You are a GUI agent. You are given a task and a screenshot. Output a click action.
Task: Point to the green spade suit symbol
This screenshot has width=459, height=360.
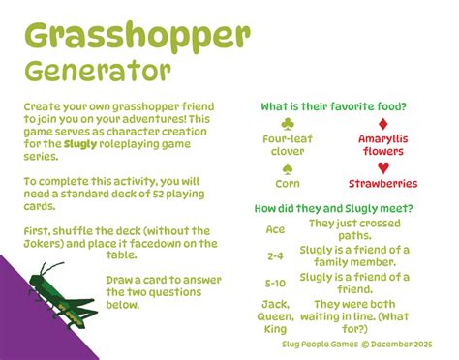288,168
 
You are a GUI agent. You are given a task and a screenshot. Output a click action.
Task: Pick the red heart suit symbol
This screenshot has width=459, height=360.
382,168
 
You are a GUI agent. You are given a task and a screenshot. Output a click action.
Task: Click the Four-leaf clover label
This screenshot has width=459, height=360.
288,144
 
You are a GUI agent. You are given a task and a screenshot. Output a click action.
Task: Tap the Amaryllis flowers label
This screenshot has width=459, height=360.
382,144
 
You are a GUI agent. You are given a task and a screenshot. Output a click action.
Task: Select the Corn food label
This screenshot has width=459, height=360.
288,183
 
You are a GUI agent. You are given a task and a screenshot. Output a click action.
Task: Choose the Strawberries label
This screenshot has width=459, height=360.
382,183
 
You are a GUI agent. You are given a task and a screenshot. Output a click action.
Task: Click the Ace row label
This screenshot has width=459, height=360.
275,229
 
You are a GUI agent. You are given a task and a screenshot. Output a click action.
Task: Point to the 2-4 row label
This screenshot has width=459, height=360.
275,256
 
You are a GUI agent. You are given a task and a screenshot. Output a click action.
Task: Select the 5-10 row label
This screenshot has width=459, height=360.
275,284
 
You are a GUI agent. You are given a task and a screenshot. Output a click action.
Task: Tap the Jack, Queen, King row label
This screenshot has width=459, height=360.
275,316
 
